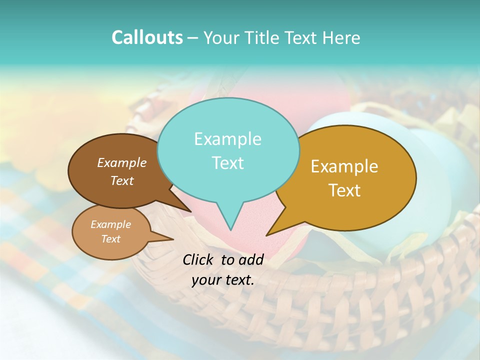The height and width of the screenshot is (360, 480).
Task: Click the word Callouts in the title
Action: [x=147, y=37]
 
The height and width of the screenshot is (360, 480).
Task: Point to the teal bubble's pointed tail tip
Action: [x=230, y=230]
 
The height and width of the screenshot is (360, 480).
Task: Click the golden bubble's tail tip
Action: [x=267, y=235]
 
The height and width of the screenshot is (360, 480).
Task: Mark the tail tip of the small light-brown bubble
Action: [x=172, y=239]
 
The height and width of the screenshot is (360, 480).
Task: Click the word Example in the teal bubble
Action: [x=227, y=139]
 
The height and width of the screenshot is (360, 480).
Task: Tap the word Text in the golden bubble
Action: [x=344, y=190]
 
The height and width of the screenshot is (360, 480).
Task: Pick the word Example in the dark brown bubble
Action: [x=122, y=162]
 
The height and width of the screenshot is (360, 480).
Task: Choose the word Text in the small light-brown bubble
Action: [x=110, y=239]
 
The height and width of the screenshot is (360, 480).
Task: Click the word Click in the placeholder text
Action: [x=198, y=259]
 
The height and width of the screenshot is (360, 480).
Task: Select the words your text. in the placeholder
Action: [x=223, y=280]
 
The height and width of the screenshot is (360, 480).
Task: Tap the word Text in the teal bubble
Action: [x=227, y=163]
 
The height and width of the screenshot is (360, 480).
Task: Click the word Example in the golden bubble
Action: [x=344, y=166]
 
